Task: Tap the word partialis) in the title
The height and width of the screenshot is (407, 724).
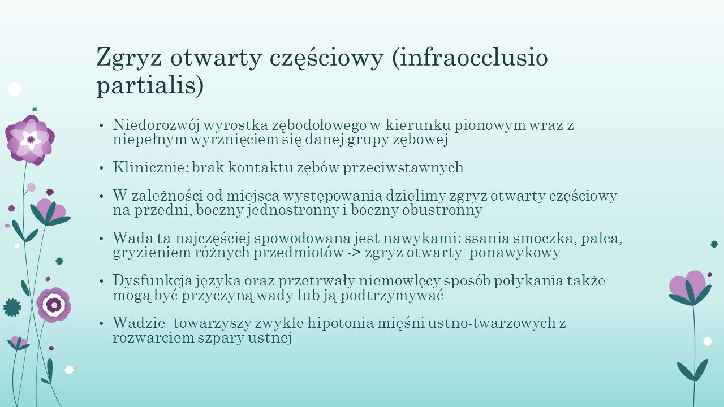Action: pyautogui.click(x=150, y=85)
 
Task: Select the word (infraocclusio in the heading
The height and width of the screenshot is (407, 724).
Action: pyautogui.click(x=469, y=58)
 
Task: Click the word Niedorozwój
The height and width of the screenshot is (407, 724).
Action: pyautogui.click(x=157, y=125)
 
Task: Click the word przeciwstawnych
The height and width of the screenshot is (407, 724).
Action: pyautogui.click(x=403, y=168)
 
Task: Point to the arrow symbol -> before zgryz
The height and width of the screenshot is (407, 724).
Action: pyautogui.click(x=355, y=253)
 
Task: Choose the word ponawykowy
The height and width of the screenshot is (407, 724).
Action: pyautogui.click(x=515, y=253)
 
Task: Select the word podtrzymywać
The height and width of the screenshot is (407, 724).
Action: pyautogui.click(x=392, y=296)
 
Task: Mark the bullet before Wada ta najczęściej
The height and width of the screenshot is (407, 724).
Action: pyautogui.click(x=101, y=239)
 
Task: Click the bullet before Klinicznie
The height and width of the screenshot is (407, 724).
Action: pyautogui.click(x=101, y=168)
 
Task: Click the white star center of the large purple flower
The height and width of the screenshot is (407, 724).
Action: pyautogui.click(x=31, y=140)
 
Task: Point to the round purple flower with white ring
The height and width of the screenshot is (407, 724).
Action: pyautogui.click(x=54, y=305)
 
